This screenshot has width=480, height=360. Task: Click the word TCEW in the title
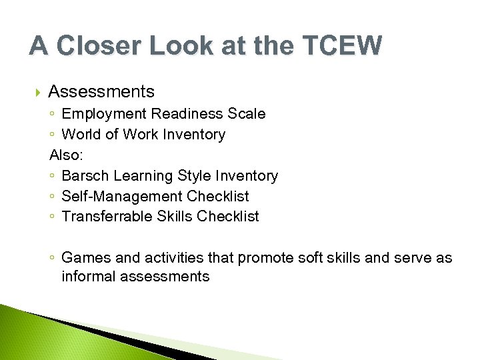(x=343, y=46)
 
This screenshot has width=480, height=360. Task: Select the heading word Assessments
(x=101, y=92)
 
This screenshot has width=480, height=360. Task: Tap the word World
(x=82, y=135)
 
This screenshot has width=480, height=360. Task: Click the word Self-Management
(x=122, y=197)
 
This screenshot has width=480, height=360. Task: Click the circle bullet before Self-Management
(x=53, y=197)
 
